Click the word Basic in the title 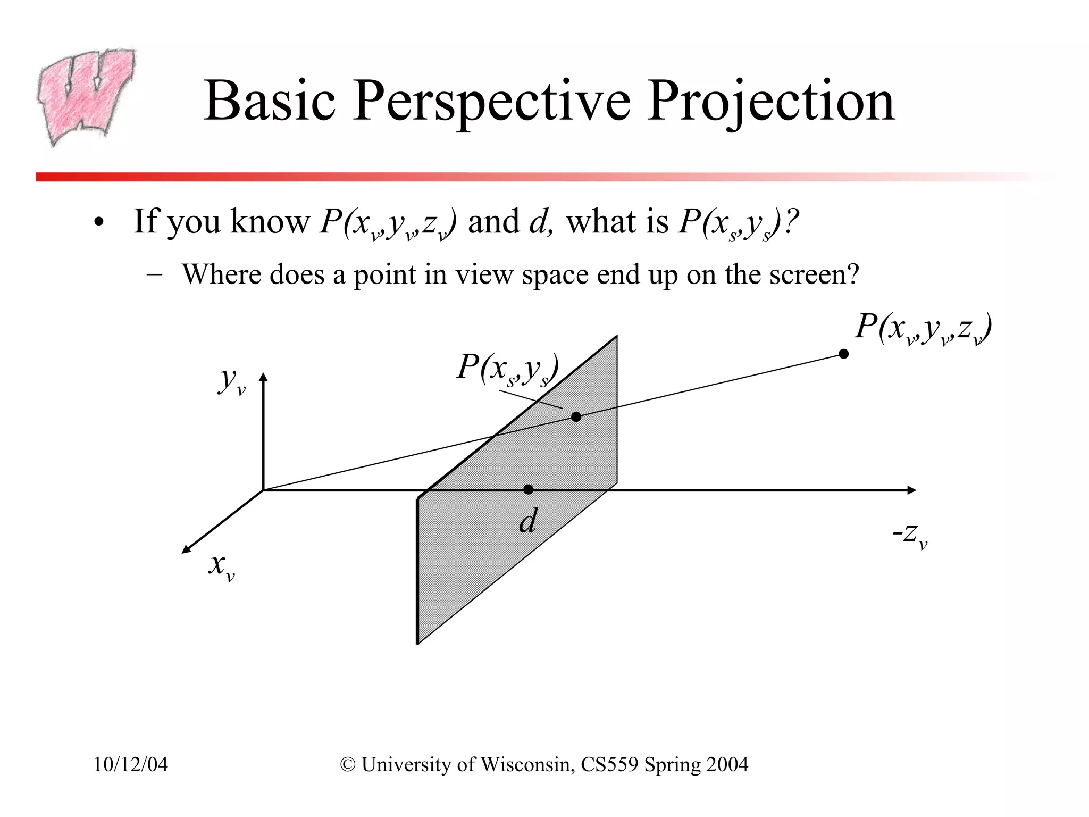click(x=270, y=101)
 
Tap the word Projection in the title click(x=771, y=101)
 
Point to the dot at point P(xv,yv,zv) click(x=843, y=354)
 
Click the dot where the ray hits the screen click(x=576, y=416)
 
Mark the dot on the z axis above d click(x=528, y=489)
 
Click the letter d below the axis click(x=528, y=521)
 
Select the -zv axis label click(x=910, y=535)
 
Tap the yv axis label click(x=232, y=380)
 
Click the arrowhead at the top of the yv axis click(x=263, y=377)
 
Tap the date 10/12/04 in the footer click(x=131, y=764)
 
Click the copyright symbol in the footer click(x=348, y=764)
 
